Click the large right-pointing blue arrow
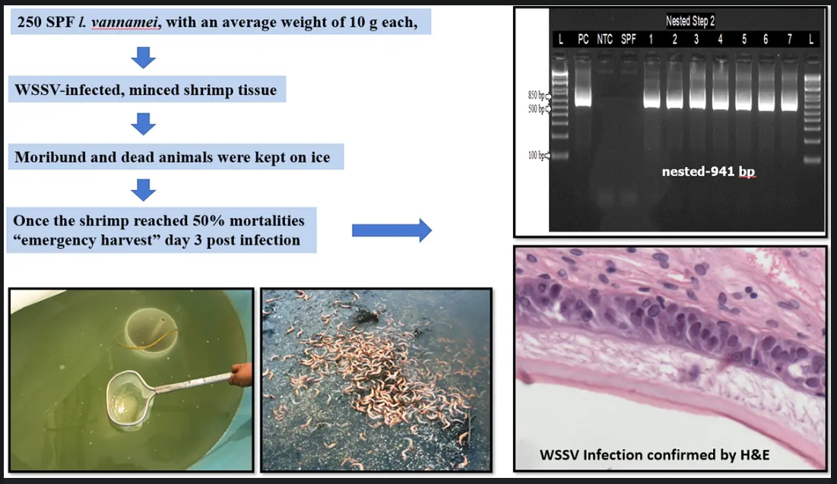coord(392,230)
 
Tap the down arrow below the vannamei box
coord(143,57)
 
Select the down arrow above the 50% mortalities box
coord(143,190)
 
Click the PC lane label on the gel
coord(583,39)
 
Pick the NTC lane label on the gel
coord(605,39)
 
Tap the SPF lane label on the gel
coord(628,39)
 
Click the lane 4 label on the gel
coord(720,39)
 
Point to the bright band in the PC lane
coord(583,98)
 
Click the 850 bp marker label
coord(537,96)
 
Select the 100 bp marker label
coord(537,155)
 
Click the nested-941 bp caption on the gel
coord(709,172)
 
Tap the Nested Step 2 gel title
coord(690,21)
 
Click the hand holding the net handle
coord(242,374)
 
